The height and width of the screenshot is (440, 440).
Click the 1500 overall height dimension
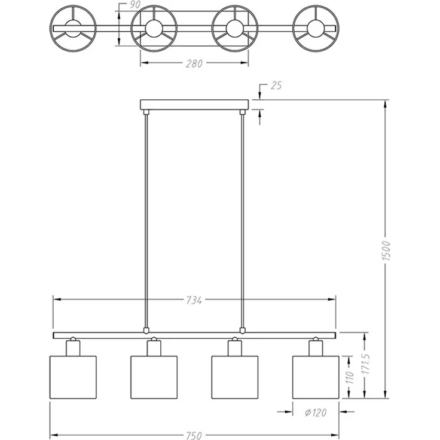[386, 250]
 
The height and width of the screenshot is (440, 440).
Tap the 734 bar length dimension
[194, 301]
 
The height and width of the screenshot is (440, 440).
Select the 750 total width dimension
[194, 435]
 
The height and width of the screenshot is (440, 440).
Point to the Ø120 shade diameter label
[316, 412]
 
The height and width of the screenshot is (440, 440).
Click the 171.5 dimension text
[366, 363]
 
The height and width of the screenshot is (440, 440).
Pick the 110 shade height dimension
[350, 377]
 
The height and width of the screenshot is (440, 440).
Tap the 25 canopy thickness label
[276, 85]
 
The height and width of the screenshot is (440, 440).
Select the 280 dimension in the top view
[194, 64]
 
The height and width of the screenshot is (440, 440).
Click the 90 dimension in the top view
[135, 5]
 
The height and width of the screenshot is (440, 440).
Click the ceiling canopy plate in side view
[194, 105]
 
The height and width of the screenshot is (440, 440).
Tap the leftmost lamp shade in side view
[73, 377]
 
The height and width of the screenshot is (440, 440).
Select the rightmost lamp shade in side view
[316, 377]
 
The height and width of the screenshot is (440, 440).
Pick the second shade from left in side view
[154, 377]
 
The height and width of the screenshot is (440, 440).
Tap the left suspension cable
[146, 221]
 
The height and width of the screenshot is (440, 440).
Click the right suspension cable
[243, 221]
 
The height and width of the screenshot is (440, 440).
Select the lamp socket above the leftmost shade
[73, 348]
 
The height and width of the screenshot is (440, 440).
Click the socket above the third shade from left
[235, 348]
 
